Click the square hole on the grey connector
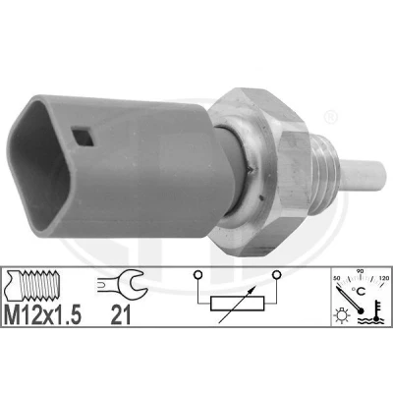pos(83,137)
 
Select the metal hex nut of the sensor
pos(259,172)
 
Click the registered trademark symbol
pos(330,117)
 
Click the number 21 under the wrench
pos(121,314)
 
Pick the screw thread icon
pos(33,285)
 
